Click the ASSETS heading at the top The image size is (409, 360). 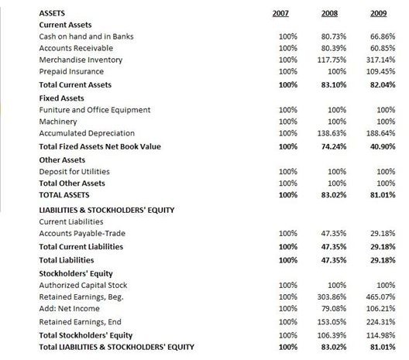(52, 13)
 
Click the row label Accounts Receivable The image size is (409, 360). (74, 48)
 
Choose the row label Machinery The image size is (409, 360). (58, 122)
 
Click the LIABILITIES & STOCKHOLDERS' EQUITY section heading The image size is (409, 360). (106, 210)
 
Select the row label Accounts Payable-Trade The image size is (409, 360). (81, 233)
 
